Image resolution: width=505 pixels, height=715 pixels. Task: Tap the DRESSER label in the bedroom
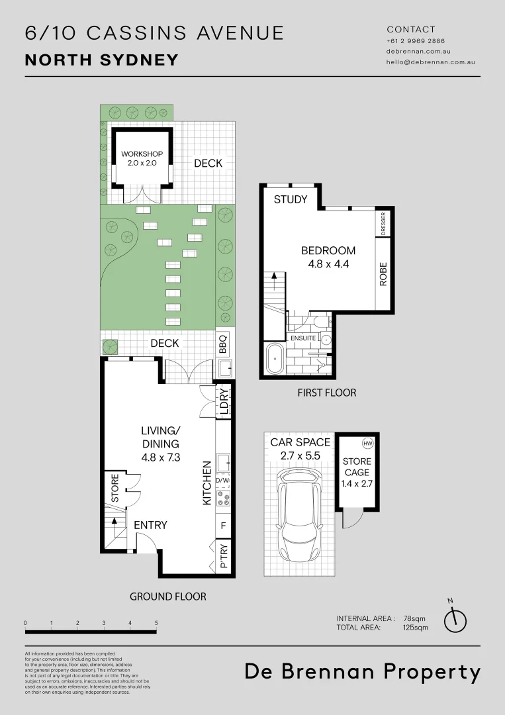[x=383, y=224]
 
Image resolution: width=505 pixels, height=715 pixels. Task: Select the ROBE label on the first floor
[x=383, y=273]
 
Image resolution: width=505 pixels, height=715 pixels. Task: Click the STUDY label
[x=291, y=199]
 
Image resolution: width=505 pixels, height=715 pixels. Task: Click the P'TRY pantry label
[x=224, y=556]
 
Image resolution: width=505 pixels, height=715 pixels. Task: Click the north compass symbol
[x=455, y=618]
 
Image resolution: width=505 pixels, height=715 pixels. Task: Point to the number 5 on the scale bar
[x=156, y=623]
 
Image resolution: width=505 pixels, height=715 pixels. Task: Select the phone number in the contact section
[x=416, y=41]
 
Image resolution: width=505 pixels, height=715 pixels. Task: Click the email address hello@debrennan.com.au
[x=430, y=62]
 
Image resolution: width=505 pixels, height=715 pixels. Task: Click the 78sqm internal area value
[x=415, y=618]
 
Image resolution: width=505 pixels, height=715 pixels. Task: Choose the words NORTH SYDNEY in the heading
[x=102, y=60]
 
